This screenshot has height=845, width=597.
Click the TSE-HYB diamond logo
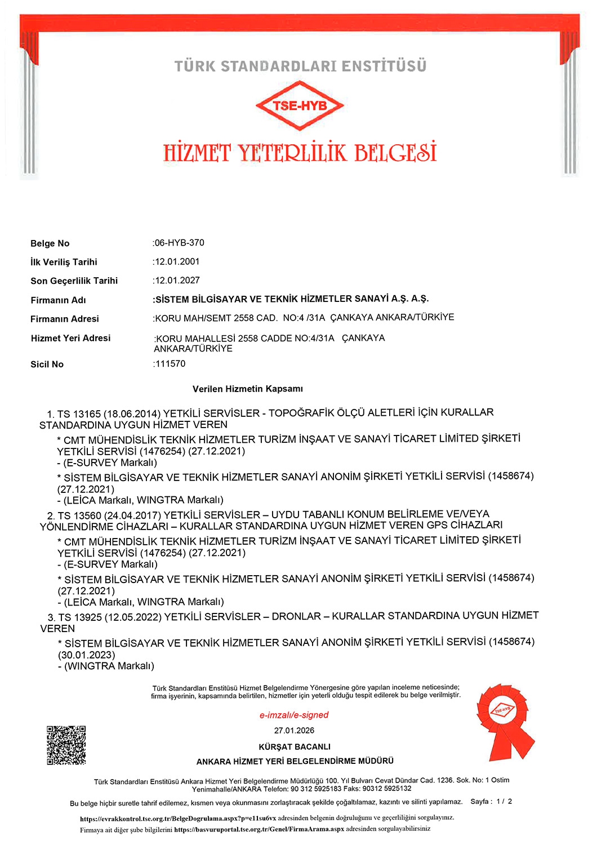pos(300,105)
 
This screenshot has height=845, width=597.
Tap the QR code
pos(66,745)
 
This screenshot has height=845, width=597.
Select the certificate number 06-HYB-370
pos(179,243)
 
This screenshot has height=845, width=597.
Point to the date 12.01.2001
pos(177,261)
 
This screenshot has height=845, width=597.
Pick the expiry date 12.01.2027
pos(177,280)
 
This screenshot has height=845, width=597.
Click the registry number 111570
pos(170,363)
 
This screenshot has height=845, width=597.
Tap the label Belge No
pos(50,243)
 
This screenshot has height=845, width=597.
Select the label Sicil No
pos(47,364)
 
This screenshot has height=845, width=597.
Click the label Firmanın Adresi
pos(65,319)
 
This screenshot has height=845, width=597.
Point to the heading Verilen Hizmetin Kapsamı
pos(248,389)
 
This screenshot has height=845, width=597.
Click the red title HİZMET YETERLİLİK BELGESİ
pos(300,153)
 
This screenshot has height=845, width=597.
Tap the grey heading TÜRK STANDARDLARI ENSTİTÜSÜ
pos(300,66)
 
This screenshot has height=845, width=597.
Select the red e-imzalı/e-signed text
pos(294,715)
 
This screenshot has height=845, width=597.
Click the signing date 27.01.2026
pos(294,731)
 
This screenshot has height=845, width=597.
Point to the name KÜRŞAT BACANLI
pos(295,746)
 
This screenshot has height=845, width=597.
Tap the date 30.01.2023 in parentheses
pos(87,655)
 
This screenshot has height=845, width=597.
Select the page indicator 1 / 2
pos(504,801)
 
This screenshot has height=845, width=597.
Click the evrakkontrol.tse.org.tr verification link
pos(178,818)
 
